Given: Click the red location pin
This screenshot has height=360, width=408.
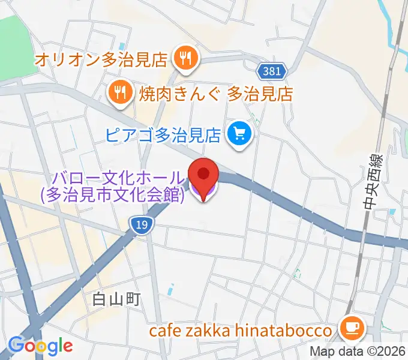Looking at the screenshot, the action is coord(203,173).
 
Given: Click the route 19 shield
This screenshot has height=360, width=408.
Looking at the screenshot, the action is coord(140,224).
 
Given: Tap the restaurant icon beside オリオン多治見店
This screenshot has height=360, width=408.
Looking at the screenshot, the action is coord(184,59).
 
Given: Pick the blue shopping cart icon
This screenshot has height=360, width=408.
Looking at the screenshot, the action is coord(239,132).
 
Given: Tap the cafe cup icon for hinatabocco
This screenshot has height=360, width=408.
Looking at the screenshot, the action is coord(350,329).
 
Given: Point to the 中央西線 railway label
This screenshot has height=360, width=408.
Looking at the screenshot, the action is coord(370,180).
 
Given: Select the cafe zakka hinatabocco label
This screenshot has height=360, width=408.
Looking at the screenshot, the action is coord(241,331).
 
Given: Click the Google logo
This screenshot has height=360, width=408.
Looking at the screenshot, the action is coord(40,345).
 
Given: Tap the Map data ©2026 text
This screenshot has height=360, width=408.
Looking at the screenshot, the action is coord(358,352).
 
